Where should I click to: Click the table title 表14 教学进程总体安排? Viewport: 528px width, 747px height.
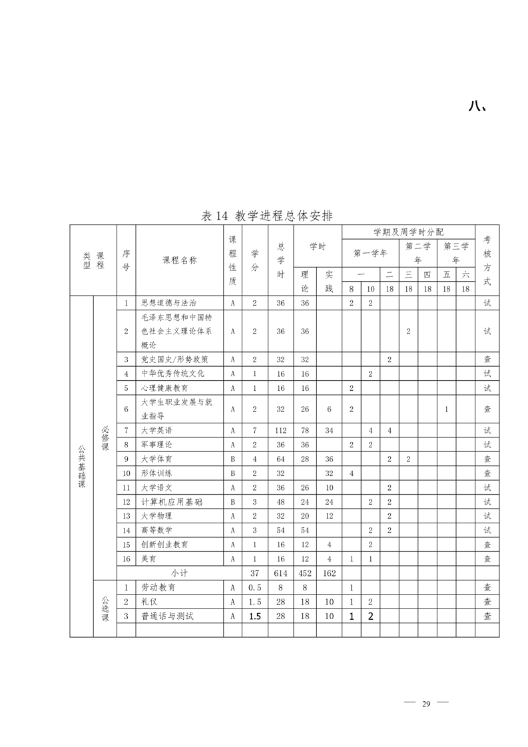click(267, 216)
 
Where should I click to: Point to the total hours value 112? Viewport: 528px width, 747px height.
click(280, 430)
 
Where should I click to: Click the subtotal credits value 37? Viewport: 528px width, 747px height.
click(254, 573)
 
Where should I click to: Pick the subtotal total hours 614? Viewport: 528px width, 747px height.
click(280, 573)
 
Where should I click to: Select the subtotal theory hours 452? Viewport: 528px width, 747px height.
click(305, 573)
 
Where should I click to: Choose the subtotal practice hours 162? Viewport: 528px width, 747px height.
click(329, 573)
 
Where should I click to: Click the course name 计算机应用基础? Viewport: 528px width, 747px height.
click(172, 501)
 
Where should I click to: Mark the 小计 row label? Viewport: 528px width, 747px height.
click(179, 573)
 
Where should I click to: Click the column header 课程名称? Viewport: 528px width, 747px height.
click(179, 260)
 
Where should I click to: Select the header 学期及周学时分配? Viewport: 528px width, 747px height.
click(408, 232)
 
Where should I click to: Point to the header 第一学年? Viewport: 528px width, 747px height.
click(370, 253)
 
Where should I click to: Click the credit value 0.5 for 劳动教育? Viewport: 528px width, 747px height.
click(254, 588)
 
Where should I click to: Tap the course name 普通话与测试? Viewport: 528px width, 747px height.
click(166, 617)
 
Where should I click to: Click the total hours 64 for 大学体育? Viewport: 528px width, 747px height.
click(280, 459)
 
